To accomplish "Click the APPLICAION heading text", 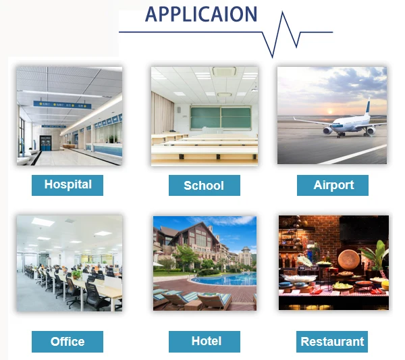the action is [x=201, y=14].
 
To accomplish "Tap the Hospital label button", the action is [x=67, y=185].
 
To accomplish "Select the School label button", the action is [x=205, y=185].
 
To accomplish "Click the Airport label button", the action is [x=333, y=185].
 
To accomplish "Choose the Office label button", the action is [x=67, y=342].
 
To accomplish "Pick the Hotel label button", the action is [x=205, y=342].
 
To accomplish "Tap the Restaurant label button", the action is [x=332, y=342].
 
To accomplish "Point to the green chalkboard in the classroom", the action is [x=221, y=118].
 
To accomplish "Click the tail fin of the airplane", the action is [x=367, y=107].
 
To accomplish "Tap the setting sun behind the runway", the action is [x=329, y=111].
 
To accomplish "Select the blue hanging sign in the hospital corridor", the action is [x=62, y=105].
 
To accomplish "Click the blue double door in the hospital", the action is [x=45, y=143].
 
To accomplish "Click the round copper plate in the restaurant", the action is [x=349, y=259].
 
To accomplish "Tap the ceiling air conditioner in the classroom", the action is [x=224, y=72].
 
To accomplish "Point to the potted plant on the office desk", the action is [x=77, y=274].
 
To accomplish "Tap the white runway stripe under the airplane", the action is [x=353, y=155].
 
